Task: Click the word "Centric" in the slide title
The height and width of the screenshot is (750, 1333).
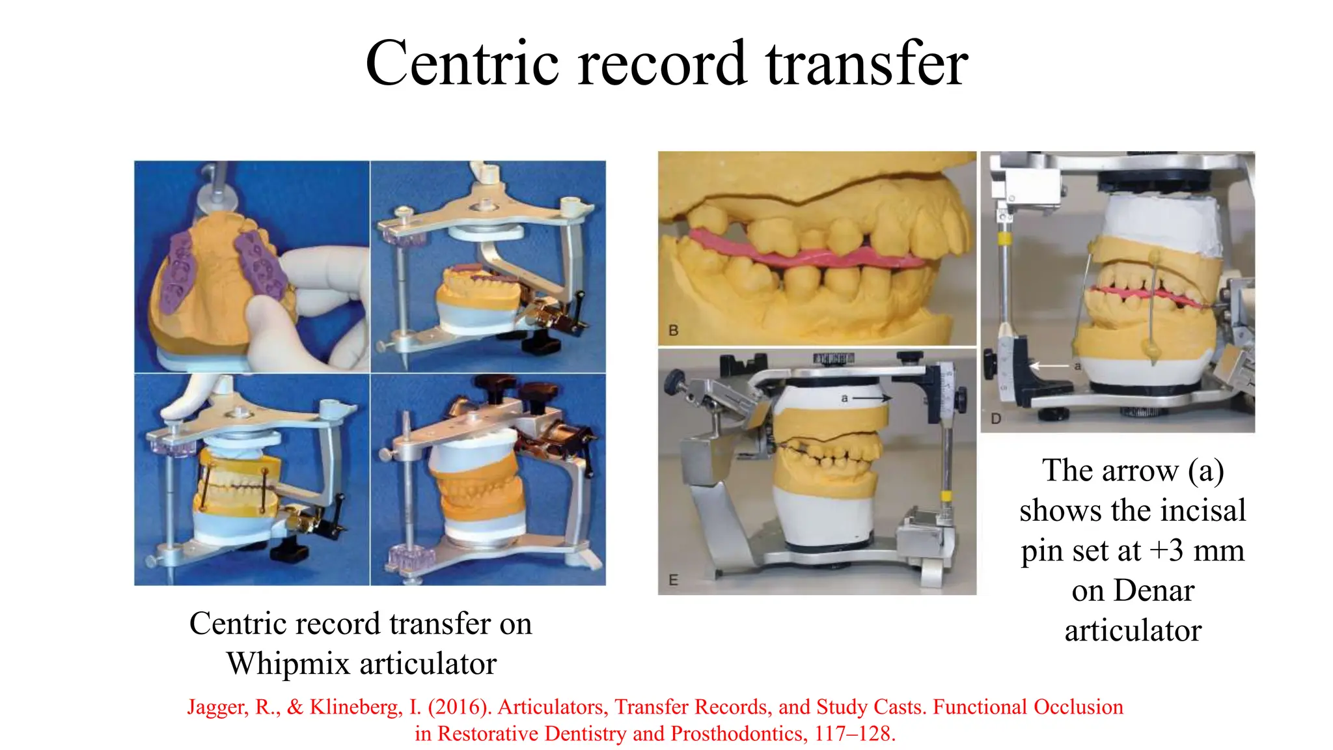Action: pos(462,63)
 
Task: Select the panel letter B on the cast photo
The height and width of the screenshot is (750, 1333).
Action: pos(674,331)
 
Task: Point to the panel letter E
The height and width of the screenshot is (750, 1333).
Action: pos(673,580)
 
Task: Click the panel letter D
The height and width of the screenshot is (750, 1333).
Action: pos(996,419)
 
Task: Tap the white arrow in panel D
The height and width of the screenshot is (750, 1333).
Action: pos(1049,366)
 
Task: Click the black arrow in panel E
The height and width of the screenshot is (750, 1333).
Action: pos(872,397)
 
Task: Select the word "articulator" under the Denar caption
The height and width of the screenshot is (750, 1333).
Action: pos(1133,631)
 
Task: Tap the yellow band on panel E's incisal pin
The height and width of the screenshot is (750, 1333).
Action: pos(946,497)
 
